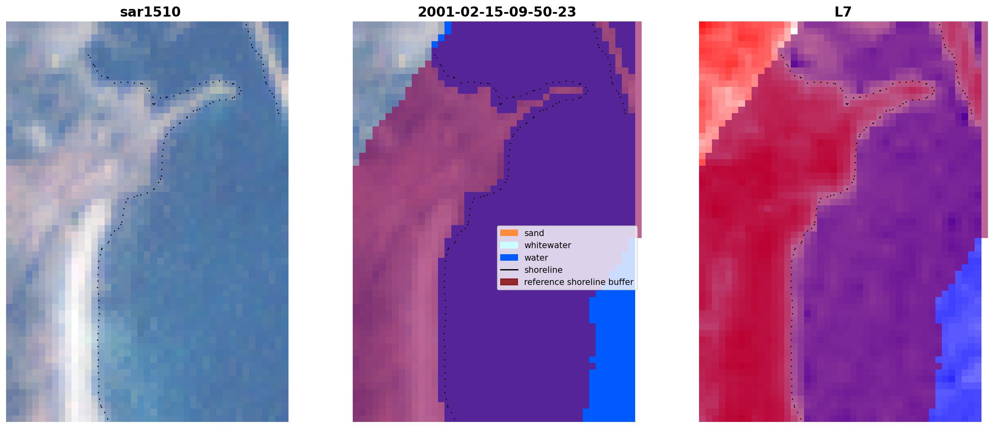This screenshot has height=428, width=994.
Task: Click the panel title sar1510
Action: (150, 12)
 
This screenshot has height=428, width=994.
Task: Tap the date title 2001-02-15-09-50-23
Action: (497, 12)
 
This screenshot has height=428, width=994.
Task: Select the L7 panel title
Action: (843, 12)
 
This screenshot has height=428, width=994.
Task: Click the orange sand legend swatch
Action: (509, 233)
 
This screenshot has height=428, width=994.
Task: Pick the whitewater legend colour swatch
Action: (509, 245)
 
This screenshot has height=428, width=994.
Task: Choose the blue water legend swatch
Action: (509, 257)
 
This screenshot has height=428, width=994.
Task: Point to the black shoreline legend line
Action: (509, 270)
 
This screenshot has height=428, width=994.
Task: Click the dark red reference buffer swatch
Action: (509, 282)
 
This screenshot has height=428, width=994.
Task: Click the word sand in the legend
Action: (534, 233)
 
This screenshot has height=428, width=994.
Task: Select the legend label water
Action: (536, 258)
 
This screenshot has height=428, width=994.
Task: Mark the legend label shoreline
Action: (543, 270)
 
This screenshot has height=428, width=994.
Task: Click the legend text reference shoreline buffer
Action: (579, 282)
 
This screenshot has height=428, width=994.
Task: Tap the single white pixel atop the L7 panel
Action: (794, 31)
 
